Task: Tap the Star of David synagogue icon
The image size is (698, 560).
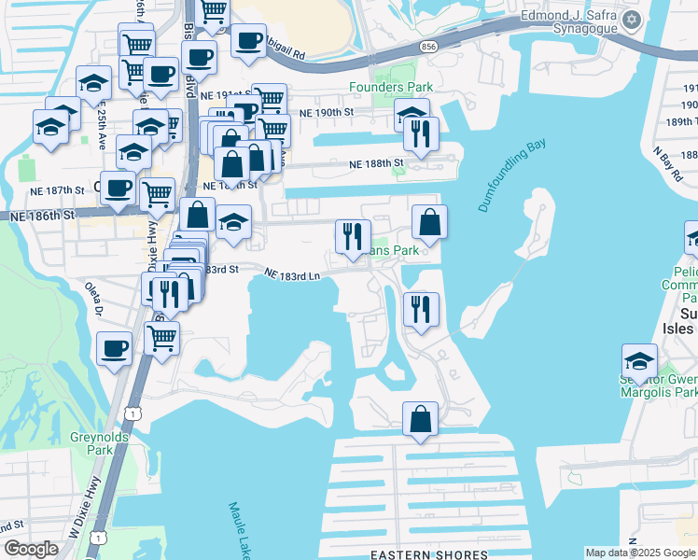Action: click(x=632, y=20)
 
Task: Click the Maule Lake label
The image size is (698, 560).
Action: click(x=238, y=531)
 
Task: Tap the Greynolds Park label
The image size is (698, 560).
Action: click(x=92, y=443)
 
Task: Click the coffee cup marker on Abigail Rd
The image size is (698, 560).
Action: click(x=248, y=41)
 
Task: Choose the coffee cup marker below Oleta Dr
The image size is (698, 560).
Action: click(x=115, y=348)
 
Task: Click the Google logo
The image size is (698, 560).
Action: click(x=31, y=549)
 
